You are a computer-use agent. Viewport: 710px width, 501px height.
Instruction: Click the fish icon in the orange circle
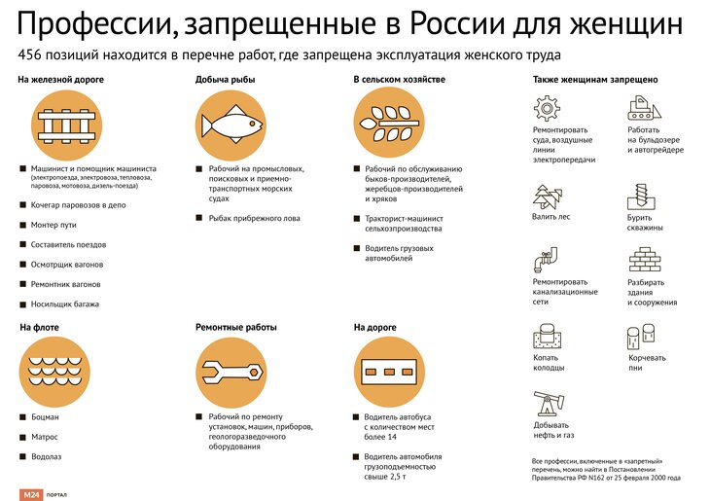pos(231,125)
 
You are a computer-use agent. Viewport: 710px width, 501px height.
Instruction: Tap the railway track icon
pos(66,125)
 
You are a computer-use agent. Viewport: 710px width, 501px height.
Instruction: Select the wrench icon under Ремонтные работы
pos(231,373)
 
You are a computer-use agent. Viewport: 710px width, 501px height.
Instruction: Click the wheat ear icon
pos(389,123)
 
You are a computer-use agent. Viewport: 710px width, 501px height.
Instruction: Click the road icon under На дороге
pos(389,372)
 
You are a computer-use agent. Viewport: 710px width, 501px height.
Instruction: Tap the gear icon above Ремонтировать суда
pos(547,108)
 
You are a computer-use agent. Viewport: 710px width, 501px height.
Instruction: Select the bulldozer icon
pos(644,108)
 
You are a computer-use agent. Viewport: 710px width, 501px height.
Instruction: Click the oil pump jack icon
pos(549,404)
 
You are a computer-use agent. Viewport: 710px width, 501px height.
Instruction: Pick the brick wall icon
pos(645,259)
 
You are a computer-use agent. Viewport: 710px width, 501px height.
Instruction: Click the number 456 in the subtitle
pos(30,55)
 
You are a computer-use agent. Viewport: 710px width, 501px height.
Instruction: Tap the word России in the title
pos(457,23)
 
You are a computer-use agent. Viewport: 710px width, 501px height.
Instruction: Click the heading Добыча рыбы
pos(225,80)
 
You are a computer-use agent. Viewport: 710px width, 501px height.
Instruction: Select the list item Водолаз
pos(46,456)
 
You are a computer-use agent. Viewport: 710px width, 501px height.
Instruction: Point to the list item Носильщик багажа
pos(65,304)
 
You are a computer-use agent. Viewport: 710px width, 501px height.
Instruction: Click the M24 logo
pos(31,494)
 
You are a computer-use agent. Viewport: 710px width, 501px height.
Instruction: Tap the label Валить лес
pos(551,217)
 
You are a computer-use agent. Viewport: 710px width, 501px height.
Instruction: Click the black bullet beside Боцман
pos(23,416)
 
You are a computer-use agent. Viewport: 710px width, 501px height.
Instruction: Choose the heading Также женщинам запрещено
pos(595,80)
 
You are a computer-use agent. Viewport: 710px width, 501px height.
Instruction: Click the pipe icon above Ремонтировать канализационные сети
pos(545,260)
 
